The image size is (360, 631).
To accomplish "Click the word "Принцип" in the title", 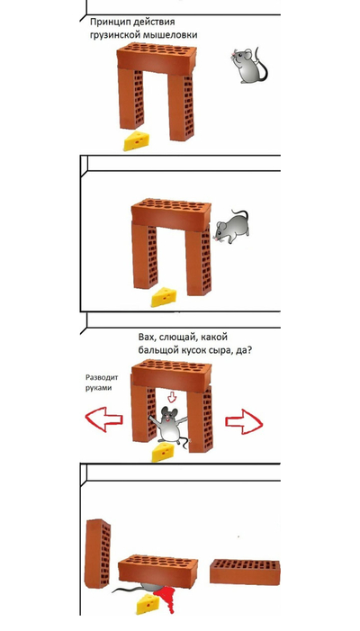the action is tap(106, 23).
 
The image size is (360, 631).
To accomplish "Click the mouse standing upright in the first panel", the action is tap(249, 65).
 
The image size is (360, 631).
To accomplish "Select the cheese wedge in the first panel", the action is tap(137, 140).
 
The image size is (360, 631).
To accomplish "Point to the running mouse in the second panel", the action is tap(231, 228).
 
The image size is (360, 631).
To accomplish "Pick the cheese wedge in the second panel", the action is tap(164, 297).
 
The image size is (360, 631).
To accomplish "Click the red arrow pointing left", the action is tap(103, 419).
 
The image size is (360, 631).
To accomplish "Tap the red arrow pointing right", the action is tap(244, 421).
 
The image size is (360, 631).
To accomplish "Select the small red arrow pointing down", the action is tap(172, 398).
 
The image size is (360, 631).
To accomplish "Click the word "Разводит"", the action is tap(102, 378).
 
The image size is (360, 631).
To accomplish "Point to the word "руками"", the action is tap(98, 388).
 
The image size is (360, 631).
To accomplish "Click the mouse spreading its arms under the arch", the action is tap(169, 426).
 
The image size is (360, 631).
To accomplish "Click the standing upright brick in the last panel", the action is tap(98, 554).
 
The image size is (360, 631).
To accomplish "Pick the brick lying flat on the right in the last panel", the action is tap(245, 572).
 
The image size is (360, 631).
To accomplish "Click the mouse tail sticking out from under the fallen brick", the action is tap(127, 590).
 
